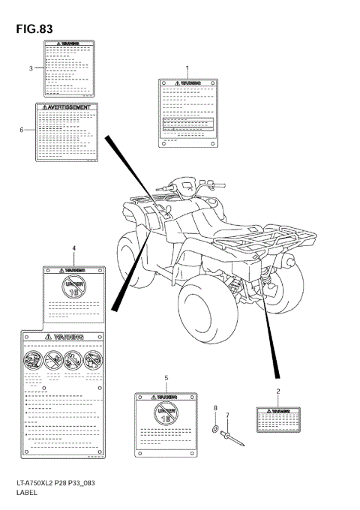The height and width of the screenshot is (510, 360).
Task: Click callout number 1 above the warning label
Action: tap(187, 68)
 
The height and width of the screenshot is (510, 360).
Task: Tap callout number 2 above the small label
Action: tap(277, 391)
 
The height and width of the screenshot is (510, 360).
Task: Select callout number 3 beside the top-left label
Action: tap(31, 68)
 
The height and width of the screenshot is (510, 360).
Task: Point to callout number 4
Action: tap(73, 247)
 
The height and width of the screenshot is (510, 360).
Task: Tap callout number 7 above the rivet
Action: tap(229, 415)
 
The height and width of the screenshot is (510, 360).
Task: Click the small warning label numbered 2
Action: tap(277, 420)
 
